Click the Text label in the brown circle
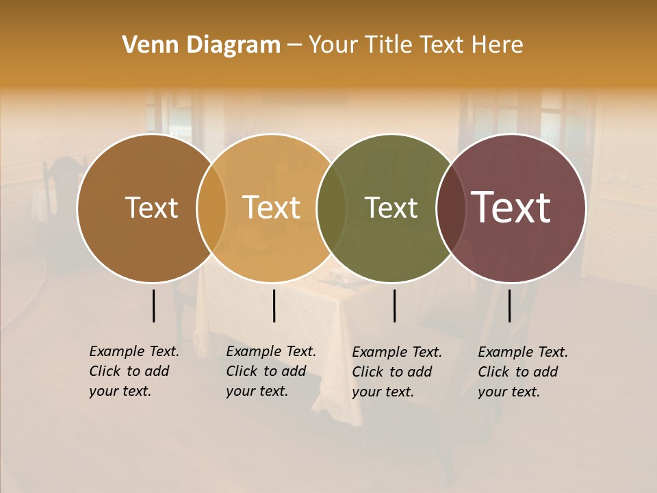(x=151, y=207)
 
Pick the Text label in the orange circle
(x=271, y=207)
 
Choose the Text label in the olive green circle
(x=391, y=207)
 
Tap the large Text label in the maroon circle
(x=511, y=207)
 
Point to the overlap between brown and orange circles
(x=211, y=207)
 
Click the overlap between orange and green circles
(x=331, y=207)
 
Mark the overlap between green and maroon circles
(x=449, y=207)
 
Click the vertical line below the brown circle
(x=153, y=305)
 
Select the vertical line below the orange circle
(x=274, y=305)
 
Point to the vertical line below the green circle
(x=394, y=305)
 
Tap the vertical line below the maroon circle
(x=509, y=305)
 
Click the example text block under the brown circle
(x=133, y=371)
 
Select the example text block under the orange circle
(x=270, y=371)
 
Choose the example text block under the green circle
(x=396, y=372)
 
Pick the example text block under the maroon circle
(x=522, y=372)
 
